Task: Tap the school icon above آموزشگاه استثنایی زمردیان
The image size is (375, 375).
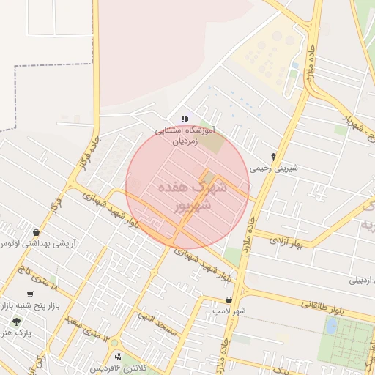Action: (185, 119)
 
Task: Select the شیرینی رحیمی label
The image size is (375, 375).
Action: (274, 168)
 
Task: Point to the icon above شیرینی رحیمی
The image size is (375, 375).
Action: (274, 157)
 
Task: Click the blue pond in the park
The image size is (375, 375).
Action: (331, 326)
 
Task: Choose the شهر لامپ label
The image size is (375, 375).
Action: (229, 311)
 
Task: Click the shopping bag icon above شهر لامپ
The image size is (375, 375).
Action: (229, 300)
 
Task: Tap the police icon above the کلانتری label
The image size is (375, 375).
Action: (119, 356)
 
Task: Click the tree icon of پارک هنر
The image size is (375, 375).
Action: (16, 322)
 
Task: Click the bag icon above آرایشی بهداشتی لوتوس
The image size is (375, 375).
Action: (37, 232)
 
